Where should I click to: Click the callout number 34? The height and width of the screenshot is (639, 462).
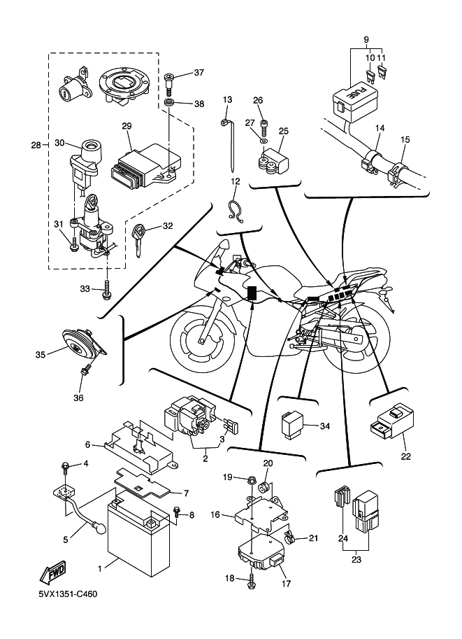click(324, 426)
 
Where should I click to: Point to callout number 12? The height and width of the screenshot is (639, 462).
click(235, 181)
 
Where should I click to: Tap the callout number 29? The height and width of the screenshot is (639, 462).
click(127, 126)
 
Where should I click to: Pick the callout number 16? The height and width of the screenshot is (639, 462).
click(215, 514)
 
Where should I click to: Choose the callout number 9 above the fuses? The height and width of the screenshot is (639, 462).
click(366, 38)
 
